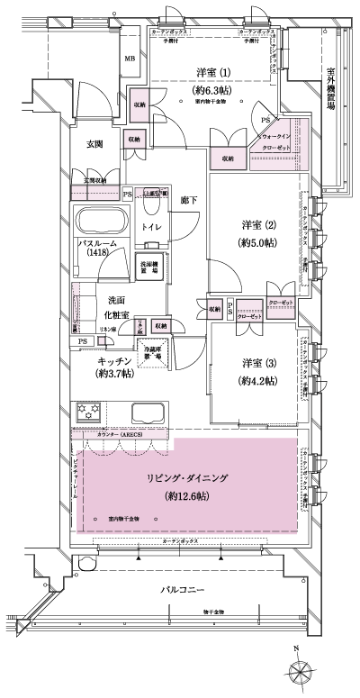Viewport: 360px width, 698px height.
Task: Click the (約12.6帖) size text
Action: [188, 496]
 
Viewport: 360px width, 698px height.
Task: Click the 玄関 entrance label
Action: [96, 143]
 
